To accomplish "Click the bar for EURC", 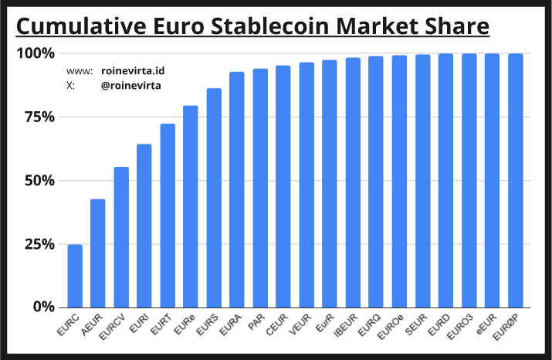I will click(75, 276).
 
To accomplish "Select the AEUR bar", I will click(98, 253).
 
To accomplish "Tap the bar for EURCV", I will click(121, 237).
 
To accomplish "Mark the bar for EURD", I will click(445, 181).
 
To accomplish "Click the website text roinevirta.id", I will click(133, 70).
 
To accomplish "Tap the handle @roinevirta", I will click(131, 85).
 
